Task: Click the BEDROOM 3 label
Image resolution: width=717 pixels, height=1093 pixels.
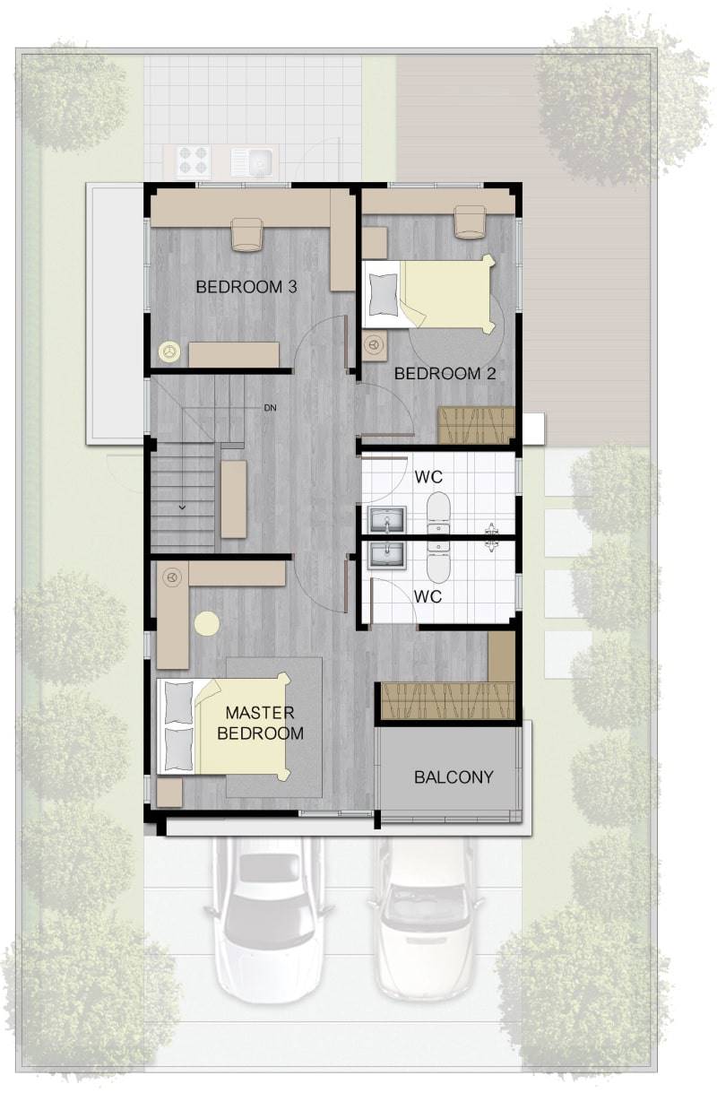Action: [x=246, y=286]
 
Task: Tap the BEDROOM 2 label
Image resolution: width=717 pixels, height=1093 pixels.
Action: [x=445, y=373]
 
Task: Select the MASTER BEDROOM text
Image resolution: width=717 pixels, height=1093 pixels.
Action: [x=260, y=723]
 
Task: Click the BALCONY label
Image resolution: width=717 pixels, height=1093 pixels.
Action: [x=454, y=776]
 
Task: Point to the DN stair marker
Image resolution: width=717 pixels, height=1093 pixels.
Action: [x=270, y=407]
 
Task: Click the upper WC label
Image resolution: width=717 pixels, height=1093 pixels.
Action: [x=428, y=477]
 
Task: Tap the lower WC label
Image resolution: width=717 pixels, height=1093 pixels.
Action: [x=428, y=596]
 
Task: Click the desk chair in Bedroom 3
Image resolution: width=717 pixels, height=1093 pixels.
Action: [x=246, y=235]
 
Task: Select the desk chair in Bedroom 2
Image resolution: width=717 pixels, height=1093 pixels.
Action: [x=471, y=222]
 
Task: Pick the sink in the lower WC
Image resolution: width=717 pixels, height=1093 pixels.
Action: [x=387, y=555]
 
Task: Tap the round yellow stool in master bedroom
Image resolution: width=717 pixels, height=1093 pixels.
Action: [x=207, y=623]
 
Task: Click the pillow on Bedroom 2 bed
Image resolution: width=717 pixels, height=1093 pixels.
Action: [x=383, y=294]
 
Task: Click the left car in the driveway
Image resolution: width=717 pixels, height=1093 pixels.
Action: [x=269, y=916]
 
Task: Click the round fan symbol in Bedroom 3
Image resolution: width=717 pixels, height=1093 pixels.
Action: [x=169, y=351]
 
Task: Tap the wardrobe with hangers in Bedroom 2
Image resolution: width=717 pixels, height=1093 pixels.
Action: [x=477, y=425]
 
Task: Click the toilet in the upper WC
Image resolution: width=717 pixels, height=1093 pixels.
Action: [x=438, y=513]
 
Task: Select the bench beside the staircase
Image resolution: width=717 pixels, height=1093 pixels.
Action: [x=234, y=499]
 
